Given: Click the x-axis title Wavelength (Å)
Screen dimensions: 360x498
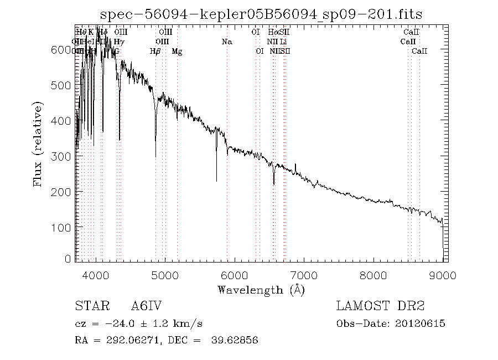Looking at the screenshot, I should (261, 289).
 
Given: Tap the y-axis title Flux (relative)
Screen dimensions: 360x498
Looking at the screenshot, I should (38, 145).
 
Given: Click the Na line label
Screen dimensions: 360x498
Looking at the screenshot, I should (226, 42).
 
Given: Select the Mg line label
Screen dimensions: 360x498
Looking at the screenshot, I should (177, 52).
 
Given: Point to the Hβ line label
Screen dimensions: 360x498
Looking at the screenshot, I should (155, 52).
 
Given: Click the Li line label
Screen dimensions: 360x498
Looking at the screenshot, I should (283, 42).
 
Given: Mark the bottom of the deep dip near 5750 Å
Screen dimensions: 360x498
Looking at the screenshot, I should (216, 181).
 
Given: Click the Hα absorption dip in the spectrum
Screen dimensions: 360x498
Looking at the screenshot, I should (274, 183).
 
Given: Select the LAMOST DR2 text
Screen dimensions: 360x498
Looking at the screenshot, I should (380, 306).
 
